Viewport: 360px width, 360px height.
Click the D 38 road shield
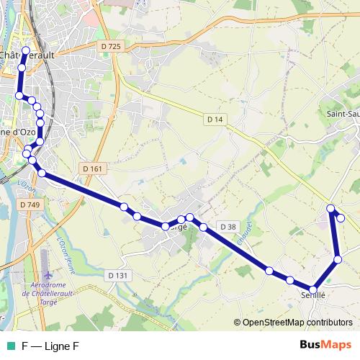click(x=228, y=227)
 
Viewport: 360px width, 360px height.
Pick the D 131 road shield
click(x=117, y=275)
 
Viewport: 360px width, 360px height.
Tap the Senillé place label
click(x=314, y=295)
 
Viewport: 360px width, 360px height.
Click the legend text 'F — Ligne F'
click(x=50, y=346)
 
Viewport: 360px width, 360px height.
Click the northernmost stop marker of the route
click(x=26, y=50)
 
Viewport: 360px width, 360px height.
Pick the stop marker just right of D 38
click(x=269, y=271)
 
